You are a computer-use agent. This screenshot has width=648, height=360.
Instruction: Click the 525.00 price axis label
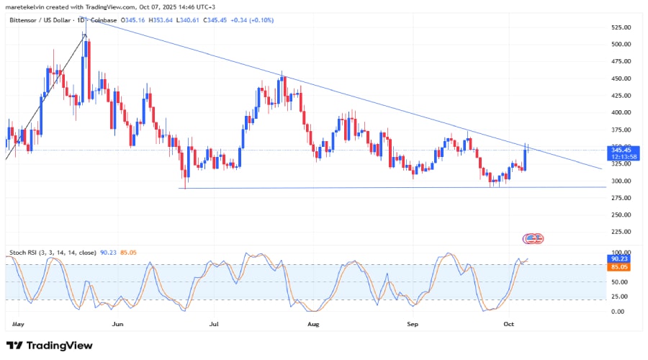[621, 27]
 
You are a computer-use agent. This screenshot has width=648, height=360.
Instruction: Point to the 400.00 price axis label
[621, 112]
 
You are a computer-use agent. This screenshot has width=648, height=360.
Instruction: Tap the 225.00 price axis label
[621, 232]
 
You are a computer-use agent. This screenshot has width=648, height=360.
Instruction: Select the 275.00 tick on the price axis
[621, 198]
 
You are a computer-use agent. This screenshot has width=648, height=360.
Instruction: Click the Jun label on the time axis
[118, 324]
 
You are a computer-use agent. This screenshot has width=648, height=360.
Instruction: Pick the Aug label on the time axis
[313, 324]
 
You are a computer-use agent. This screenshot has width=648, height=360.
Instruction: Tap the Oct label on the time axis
[509, 324]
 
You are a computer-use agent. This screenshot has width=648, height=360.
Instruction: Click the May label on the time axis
[18, 324]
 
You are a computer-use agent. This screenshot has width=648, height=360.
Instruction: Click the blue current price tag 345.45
[623, 153]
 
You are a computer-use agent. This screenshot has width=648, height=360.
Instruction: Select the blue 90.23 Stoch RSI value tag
[618, 258]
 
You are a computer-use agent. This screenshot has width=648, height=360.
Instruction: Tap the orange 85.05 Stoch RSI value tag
[618, 267]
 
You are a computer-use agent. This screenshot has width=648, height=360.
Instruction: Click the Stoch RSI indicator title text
[53, 253]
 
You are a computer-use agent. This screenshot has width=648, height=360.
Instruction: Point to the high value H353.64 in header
[161, 20]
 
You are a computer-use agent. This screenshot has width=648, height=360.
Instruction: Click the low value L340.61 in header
[188, 20]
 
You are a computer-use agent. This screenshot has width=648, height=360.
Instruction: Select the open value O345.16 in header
[132, 20]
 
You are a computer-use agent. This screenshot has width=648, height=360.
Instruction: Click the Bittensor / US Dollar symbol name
[40, 20]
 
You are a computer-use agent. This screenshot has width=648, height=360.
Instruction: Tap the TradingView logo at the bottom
[49, 346]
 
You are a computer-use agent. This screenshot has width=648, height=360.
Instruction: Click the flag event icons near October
[533, 238]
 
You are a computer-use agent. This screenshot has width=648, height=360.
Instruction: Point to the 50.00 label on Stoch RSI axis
[619, 282]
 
